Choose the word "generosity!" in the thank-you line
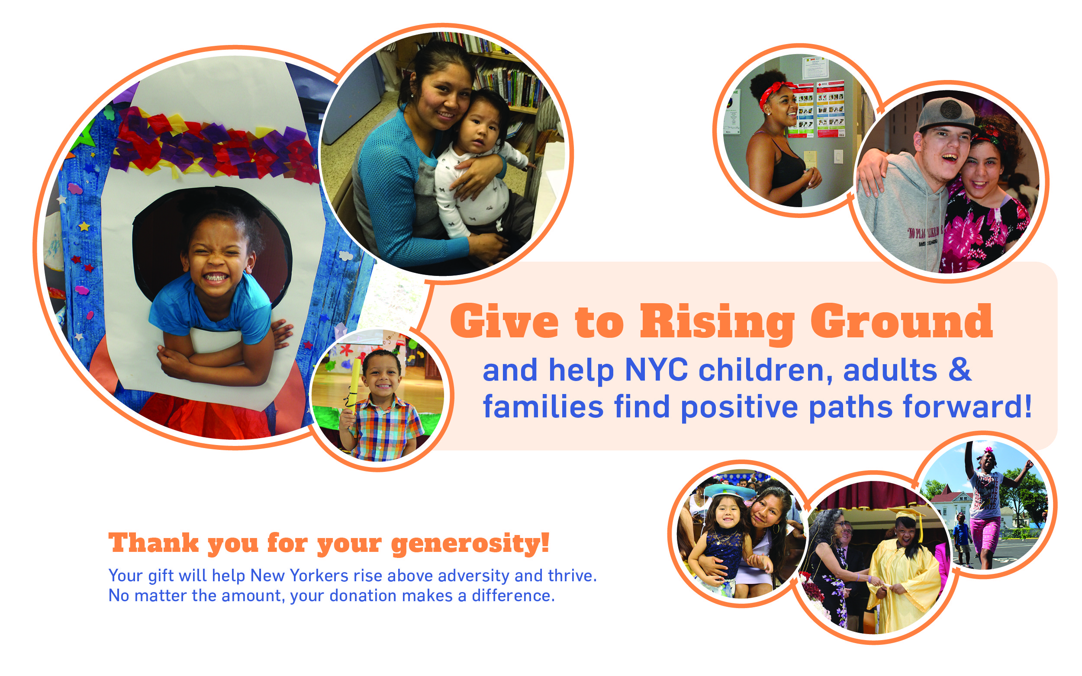[x=470, y=545]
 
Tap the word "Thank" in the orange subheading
[x=153, y=543]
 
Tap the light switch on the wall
[x=838, y=157]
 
